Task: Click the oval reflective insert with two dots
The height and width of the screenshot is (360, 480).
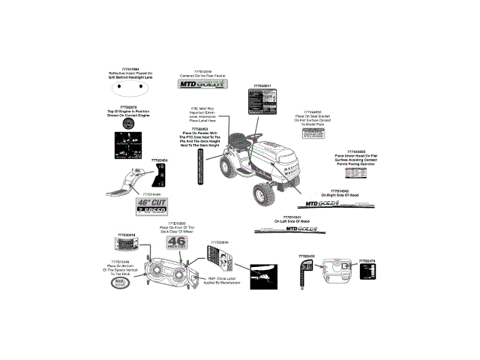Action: pyautogui.click(x=129, y=86)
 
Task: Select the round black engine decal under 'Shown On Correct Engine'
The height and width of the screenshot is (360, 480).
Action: pyautogui.click(x=129, y=127)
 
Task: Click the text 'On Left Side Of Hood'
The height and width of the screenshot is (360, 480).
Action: pyautogui.click(x=292, y=222)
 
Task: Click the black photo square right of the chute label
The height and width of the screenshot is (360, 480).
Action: pyautogui.click(x=264, y=274)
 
